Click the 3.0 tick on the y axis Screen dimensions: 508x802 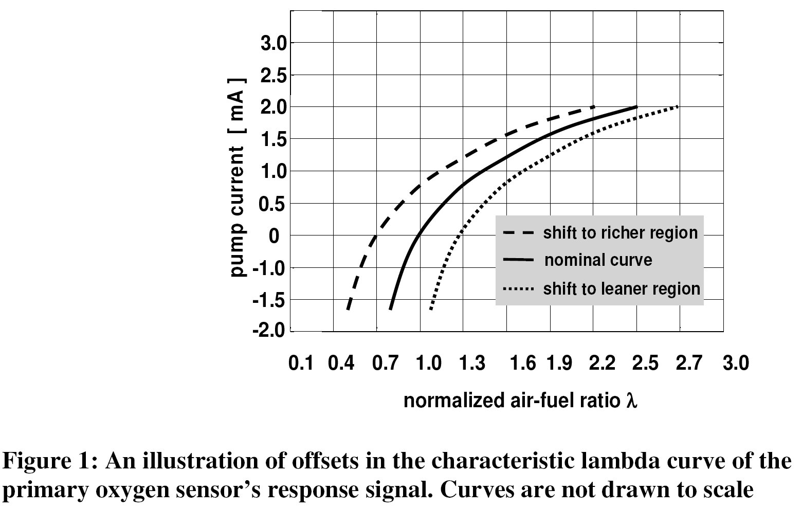tap(272, 43)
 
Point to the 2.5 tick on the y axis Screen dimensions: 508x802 tap(272, 76)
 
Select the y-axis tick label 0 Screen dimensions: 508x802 tap(274, 236)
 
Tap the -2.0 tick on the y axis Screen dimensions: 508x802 tap(268, 331)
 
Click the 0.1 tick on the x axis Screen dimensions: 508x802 tap(301, 364)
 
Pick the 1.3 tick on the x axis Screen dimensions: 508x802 tap(472, 364)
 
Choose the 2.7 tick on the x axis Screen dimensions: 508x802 tap(689, 364)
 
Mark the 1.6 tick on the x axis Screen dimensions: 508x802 tap(523, 364)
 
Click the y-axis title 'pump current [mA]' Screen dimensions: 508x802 tap(237, 177)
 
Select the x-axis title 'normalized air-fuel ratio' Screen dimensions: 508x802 tap(512, 401)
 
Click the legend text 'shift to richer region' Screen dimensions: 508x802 tap(621, 233)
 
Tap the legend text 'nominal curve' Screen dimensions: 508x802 tap(598, 260)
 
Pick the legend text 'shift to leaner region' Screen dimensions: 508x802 tap(622, 289)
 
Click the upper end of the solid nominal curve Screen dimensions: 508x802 tap(636, 107)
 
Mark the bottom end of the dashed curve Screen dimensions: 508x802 tap(348, 310)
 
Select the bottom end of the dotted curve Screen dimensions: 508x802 tap(430, 310)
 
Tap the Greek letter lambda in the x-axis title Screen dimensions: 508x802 tap(632, 401)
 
